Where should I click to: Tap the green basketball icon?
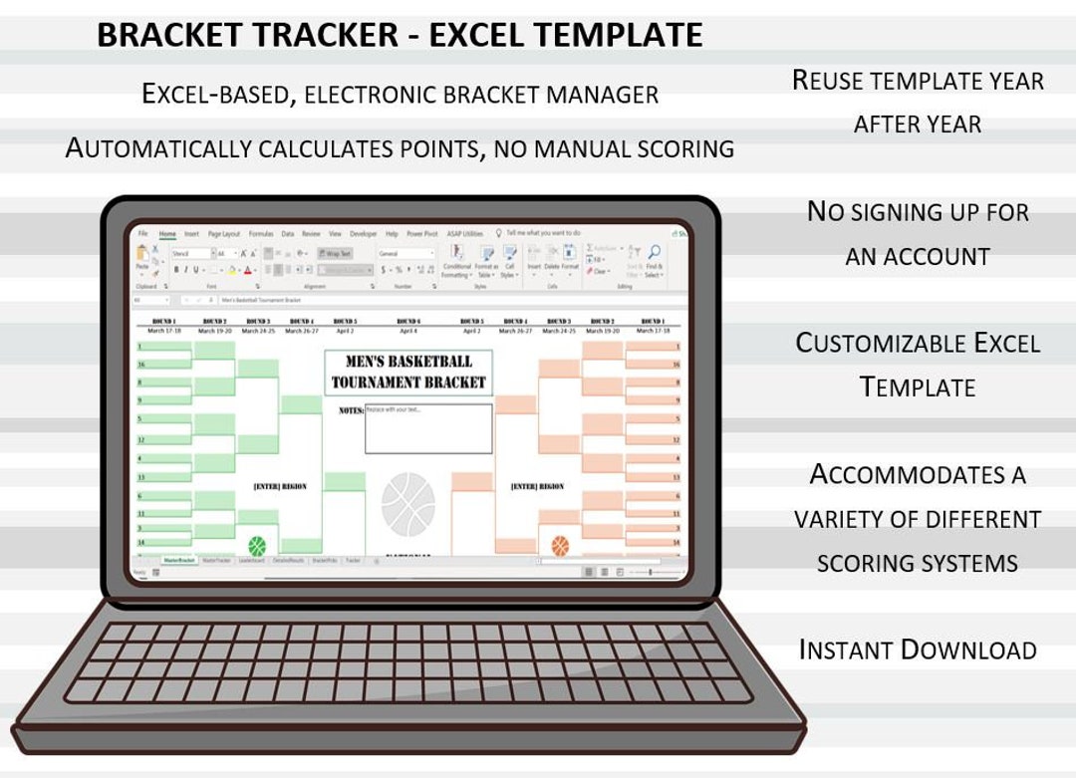257,545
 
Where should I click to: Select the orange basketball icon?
560,545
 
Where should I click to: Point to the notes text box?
428,428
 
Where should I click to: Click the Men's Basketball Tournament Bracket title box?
408,372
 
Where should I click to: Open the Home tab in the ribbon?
167,234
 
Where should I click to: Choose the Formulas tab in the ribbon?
261,234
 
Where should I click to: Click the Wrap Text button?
335,254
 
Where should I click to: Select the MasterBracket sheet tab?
179,561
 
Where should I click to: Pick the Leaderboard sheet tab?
252,561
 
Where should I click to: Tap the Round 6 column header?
408,322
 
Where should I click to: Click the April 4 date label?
408,331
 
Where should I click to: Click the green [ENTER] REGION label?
280,487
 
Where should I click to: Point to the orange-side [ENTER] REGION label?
537,487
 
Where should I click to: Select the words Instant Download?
918,650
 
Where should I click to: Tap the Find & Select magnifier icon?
654,253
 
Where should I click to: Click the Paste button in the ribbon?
142,259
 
